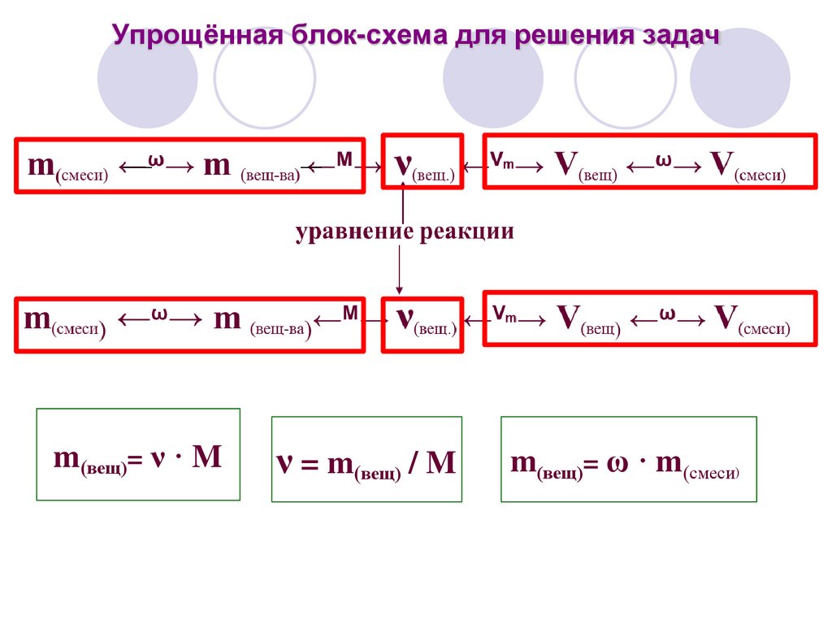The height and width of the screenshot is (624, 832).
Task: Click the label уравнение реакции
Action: [405, 232]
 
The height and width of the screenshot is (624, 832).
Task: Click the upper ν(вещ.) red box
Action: [422, 162]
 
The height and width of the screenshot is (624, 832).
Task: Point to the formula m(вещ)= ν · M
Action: [138, 457]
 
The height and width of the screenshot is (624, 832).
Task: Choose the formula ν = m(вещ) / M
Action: [366, 463]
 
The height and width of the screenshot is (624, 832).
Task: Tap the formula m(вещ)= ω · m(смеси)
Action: [627, 462]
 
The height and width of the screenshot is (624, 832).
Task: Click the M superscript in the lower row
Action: [349, 312]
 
